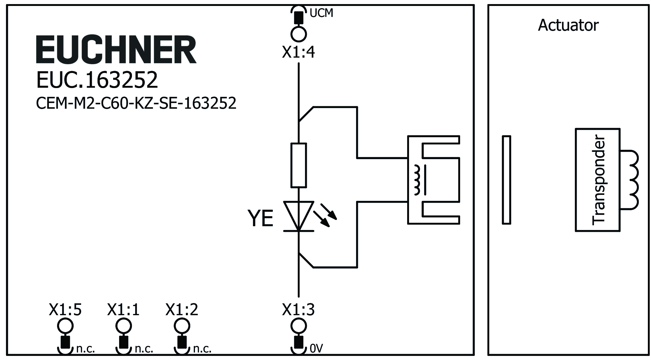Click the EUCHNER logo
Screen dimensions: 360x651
tap(116, 50)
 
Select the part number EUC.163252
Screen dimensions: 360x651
tap(97, 80)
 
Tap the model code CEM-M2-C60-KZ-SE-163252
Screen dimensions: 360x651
tap(136, 103)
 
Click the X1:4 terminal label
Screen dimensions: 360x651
tap(298, 52)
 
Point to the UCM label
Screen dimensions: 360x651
tap(321, 13)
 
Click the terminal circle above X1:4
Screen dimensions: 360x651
tap(298, 34)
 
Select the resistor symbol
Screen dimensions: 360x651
tap(299, 165)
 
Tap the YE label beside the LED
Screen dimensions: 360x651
tap(260, 218)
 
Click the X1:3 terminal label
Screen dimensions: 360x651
tap(298, 310)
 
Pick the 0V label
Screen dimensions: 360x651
tap(316, 348)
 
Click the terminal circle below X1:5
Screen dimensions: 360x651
tap(65, 326)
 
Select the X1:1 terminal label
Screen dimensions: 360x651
tap(123, 310)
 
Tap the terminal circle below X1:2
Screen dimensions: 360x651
tap(182, 326)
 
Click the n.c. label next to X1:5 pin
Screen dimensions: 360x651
tap(85, 349)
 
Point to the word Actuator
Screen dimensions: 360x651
tap(568, 25)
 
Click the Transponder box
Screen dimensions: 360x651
tap(597, 180)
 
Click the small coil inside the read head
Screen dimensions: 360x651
tap(417, 180)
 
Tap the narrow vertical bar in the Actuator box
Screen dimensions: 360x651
tap(506, 180)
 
